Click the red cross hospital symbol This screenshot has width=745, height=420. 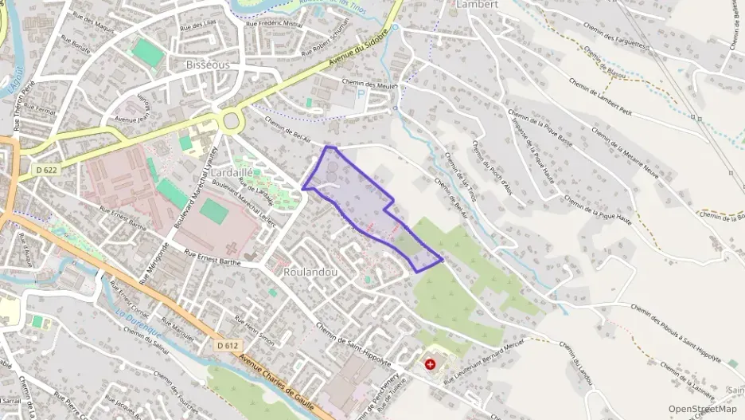tap(431, 364)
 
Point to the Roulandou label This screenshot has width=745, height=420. tap(310, 272)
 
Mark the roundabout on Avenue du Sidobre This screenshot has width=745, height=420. tap(232, 120)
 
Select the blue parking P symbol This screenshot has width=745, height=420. tap(361, 94)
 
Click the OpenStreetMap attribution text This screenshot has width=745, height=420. tap(702, 409)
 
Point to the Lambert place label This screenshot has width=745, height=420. tap(477, 4)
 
